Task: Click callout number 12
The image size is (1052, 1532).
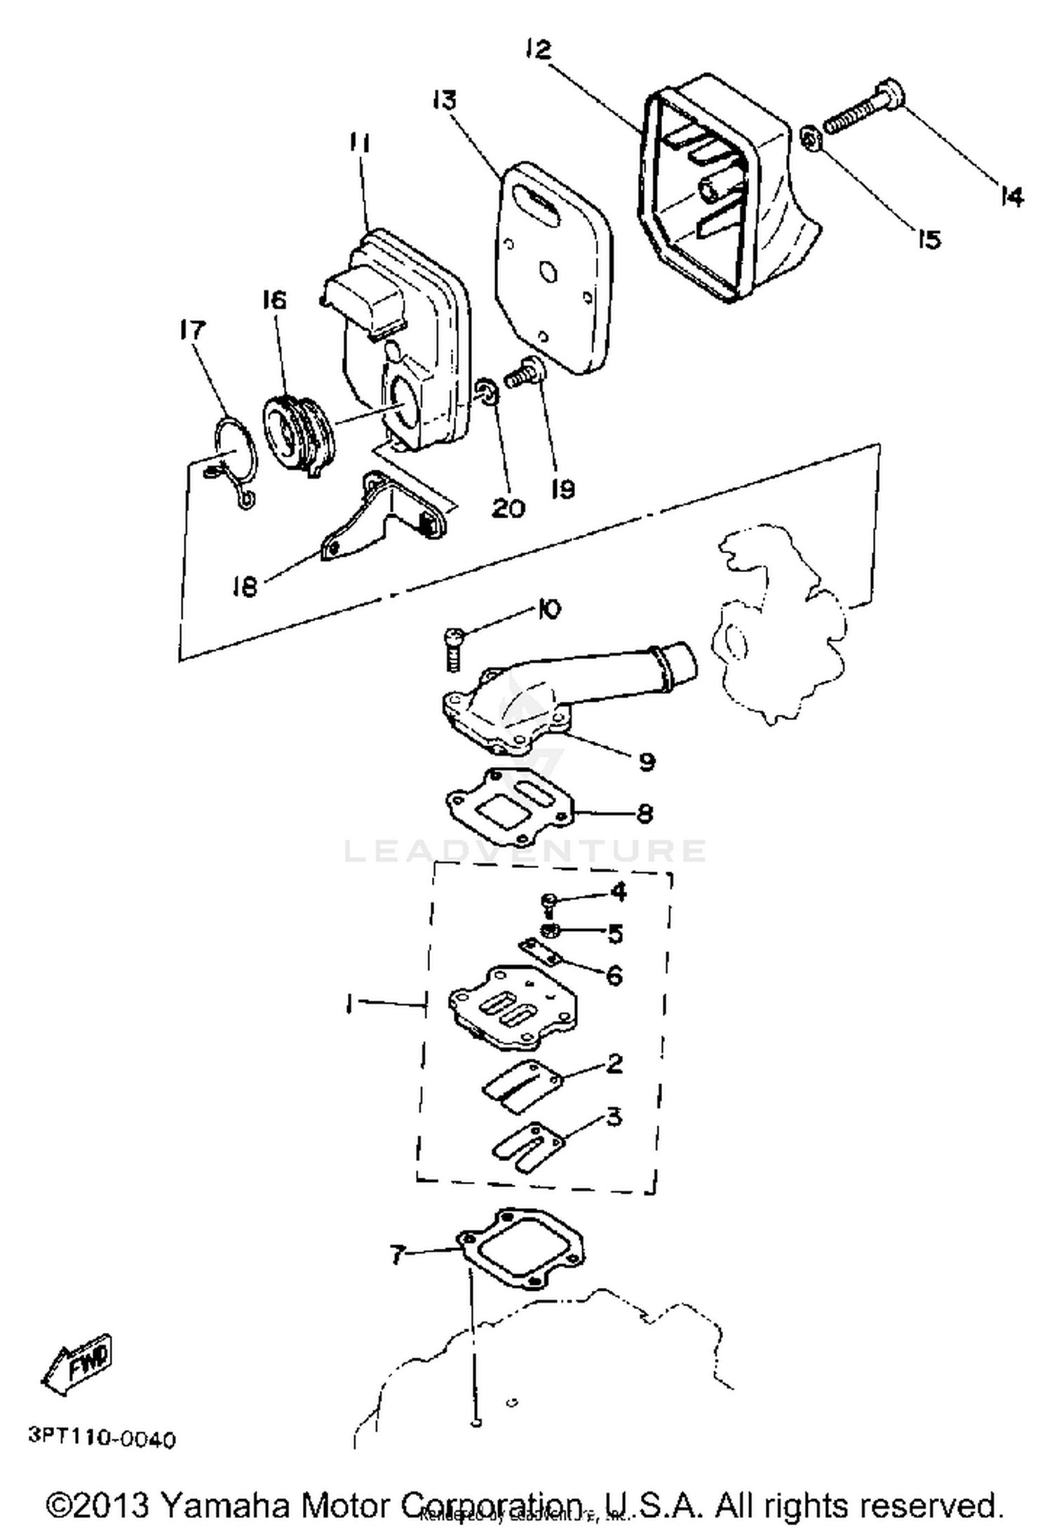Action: click(x=538, y=50)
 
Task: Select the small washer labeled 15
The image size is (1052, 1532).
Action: click(x=810, y=138)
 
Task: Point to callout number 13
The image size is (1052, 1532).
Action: click(x=444, y=100)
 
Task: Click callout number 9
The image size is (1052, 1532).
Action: click(x=647, y=761)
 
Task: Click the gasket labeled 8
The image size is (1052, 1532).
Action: click(x=510, y=807)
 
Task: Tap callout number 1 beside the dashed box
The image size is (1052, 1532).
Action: click(x=348, y=1003)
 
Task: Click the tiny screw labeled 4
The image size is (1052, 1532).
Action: click(x=549, y=904)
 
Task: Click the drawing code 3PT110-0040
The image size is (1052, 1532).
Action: click(x=102, y=1439)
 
